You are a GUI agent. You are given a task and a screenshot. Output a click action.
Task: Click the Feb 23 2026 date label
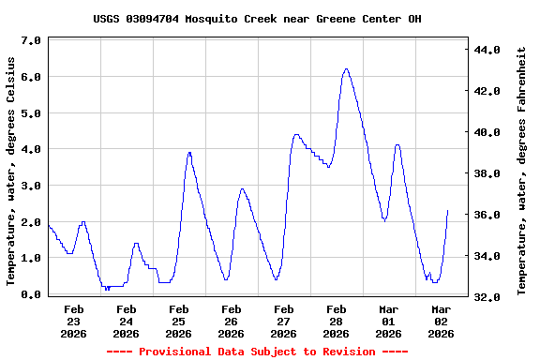click(74, 321)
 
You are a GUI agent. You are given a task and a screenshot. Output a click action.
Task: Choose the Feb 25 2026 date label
click(179, 321)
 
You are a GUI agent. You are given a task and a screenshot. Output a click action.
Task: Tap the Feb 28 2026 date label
click(337, 321)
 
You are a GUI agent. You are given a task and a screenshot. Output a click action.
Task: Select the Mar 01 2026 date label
click(389, 321)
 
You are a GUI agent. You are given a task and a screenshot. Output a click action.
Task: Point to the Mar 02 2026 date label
click(442, 321)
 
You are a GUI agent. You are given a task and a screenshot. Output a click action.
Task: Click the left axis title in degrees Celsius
click(11, 171)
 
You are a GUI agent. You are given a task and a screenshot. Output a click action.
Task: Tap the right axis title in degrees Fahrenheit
click(521, 171)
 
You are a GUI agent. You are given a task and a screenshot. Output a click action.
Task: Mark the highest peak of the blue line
click(346, 68)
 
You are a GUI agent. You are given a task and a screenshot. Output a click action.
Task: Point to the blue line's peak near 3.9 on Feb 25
click(189, 152)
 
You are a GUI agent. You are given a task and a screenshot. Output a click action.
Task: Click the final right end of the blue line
click(448, 210)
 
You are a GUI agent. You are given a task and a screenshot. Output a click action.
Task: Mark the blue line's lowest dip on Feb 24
click(107, 290)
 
